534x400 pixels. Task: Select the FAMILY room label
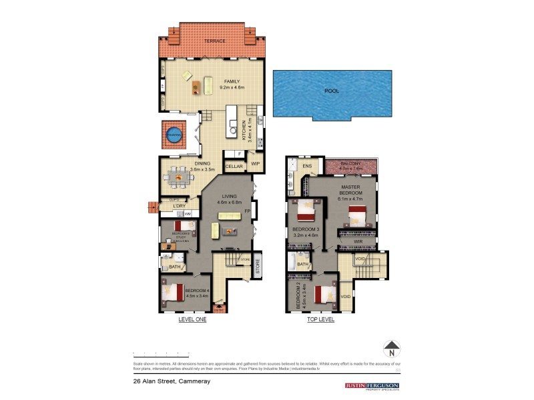pos(213,81)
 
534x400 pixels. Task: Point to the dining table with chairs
pos(178,177)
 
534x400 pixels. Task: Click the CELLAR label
pos(234,166)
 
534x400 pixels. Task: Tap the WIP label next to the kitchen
pos(255,163)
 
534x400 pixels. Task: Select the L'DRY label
pos(178,206)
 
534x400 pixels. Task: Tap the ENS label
pos(307,166)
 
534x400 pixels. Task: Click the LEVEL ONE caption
pos(192,320)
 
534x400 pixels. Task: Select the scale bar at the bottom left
pos(162,353)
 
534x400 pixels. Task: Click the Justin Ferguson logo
pos(372,385)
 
